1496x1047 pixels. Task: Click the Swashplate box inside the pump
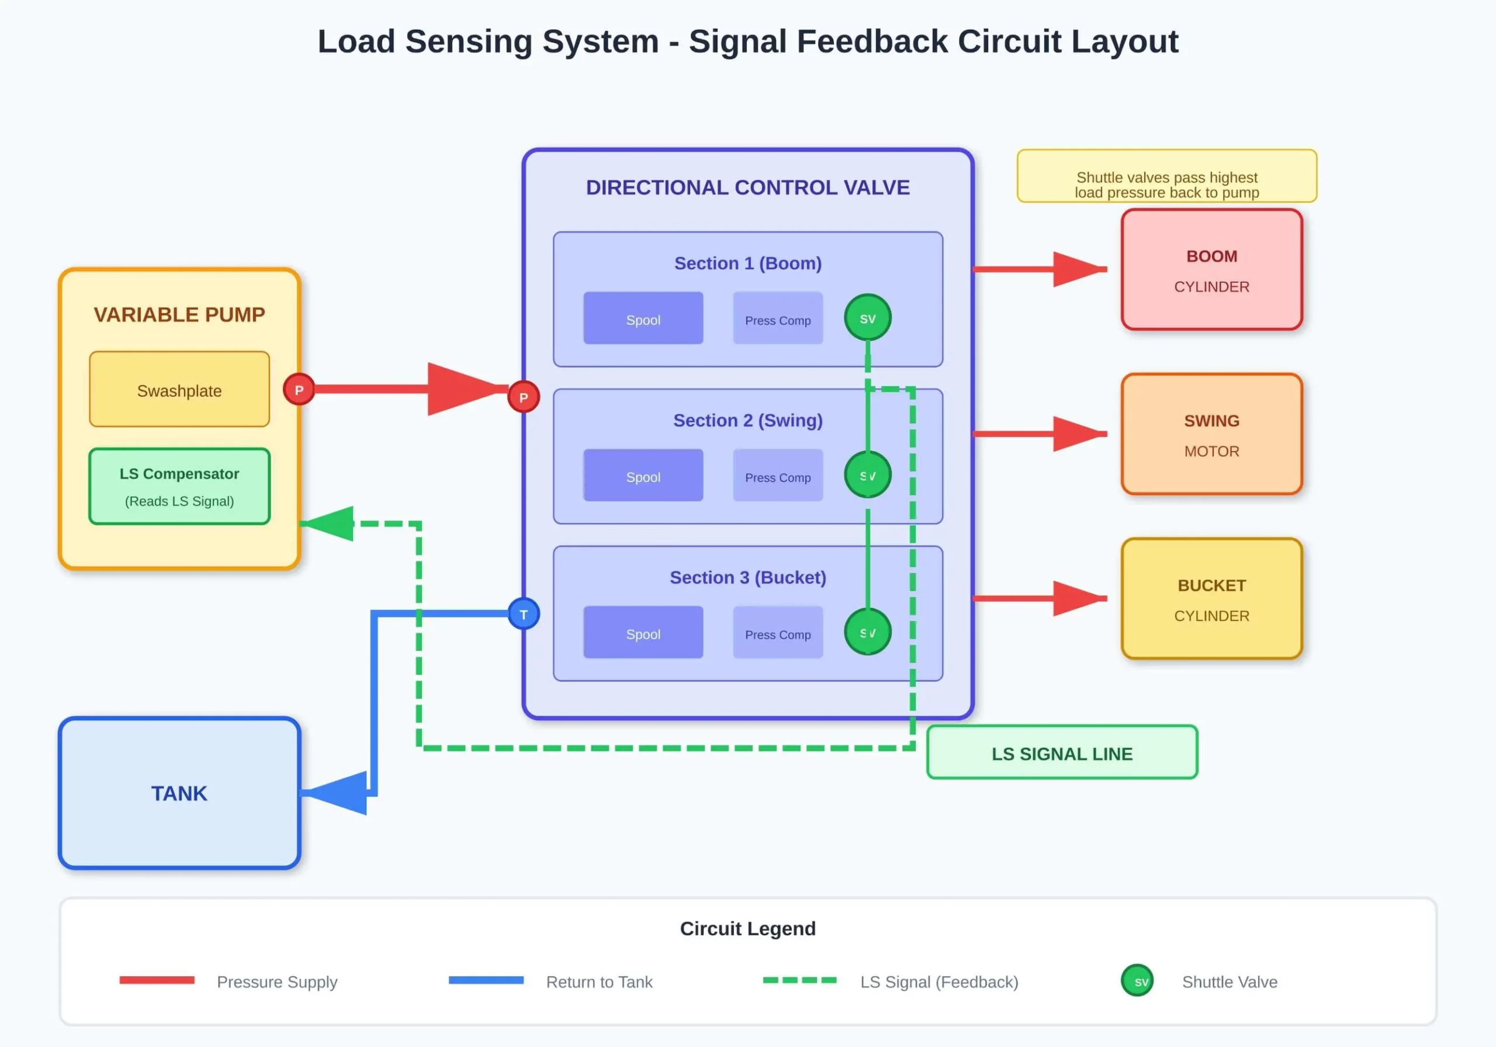coord(179,390)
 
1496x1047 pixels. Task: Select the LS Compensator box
coord(179,486)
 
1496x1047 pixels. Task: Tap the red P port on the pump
coord(299,390)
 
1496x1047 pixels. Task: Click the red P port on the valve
coord(523,397)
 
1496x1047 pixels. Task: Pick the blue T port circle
coord(523,613)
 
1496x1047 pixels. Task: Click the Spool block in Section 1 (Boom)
coord(643,318)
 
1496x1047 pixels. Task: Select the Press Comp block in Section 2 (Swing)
coord(777,476)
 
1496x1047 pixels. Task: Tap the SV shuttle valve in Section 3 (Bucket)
coord(867,632)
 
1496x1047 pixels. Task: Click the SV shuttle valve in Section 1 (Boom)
coord(867,318)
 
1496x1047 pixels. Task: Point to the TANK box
coord(179,793)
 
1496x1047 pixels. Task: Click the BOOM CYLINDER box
coord(1211,270)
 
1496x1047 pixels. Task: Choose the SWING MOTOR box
coord(1211,435)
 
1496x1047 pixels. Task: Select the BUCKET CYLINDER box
coord(1211,599)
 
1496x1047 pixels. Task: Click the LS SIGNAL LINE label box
coord(1062,753)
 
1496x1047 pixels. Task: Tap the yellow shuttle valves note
coord(1166,176)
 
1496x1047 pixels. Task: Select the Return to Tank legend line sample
coord(486,980)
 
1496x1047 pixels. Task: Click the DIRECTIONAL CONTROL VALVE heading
coord(747,188)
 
